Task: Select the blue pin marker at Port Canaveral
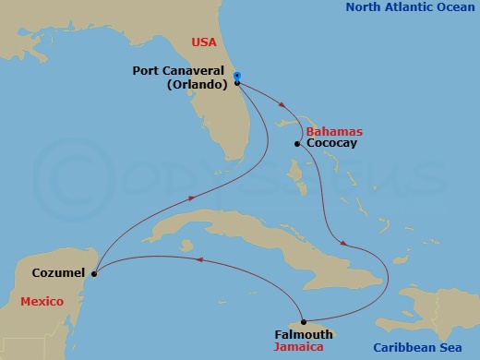[237, 77]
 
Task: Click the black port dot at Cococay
[296, 144]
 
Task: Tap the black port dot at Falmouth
[304, 322]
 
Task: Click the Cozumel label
[59, 273]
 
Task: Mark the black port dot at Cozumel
[94, 273]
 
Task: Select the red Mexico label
[42, 302]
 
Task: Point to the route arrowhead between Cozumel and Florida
[191, 198]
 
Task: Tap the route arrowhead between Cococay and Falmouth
[344, 244]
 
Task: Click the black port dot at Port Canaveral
[237, 83]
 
